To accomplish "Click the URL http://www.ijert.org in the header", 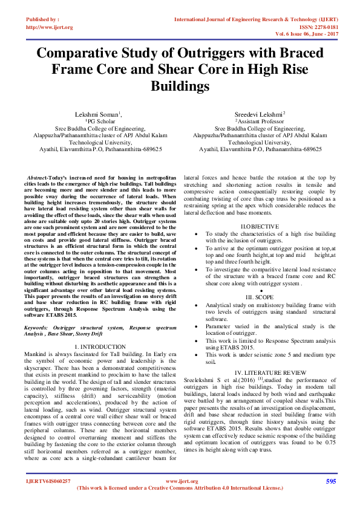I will pos(50,27).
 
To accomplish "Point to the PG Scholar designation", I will pos(98,121).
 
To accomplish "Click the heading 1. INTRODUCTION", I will pos(97,346).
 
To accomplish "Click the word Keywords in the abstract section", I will pos(38,326).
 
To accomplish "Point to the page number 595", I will pos(331,481).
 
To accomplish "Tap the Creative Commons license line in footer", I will pos(180,487).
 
